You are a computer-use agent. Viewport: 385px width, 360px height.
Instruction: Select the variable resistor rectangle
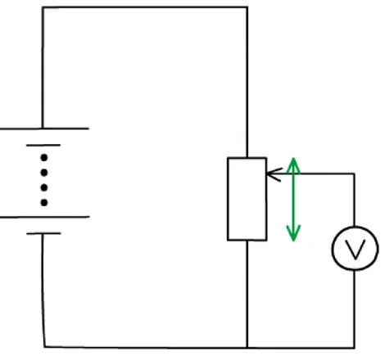tap(247, 199)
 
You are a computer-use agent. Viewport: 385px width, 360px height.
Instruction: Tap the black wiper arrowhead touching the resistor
tap(271, 173)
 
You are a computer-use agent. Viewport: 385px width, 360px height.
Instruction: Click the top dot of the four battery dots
tap(43, 156)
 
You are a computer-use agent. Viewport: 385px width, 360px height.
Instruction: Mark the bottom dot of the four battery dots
tap(43, 202)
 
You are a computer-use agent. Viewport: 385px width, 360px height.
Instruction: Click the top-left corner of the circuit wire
tap(43, 8)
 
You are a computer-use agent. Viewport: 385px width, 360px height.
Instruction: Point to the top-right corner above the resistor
tap(247, 8)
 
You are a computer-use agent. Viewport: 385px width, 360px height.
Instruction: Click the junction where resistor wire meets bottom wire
tap(247, 346)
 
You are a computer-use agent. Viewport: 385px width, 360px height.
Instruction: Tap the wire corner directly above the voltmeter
tap(355, 173)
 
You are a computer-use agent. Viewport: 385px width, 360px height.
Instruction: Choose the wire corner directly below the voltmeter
tap(355, 346)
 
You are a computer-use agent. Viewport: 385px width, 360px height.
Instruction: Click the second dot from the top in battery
tap(43, 172)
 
